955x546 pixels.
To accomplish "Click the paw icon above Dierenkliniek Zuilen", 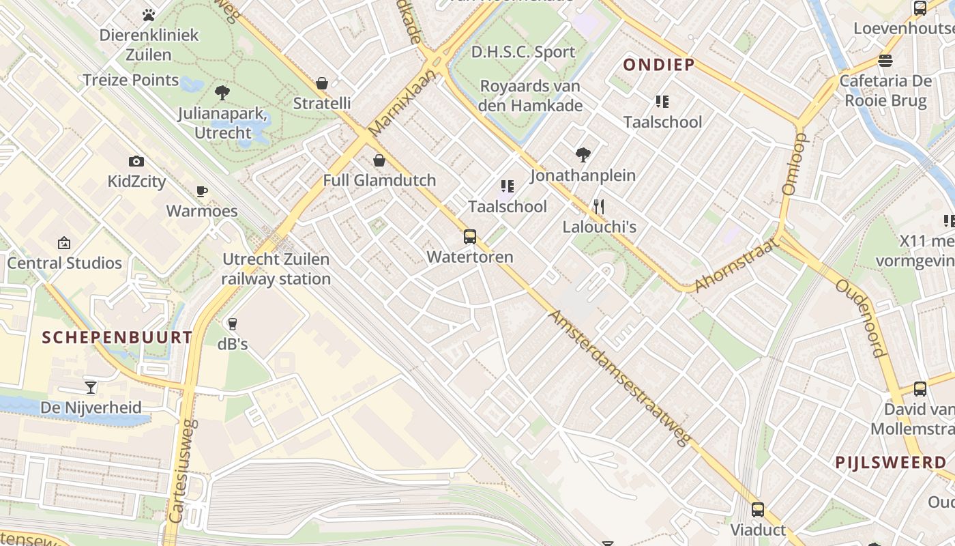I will (x=149, y=14).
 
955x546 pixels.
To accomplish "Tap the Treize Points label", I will (x=130, y=80).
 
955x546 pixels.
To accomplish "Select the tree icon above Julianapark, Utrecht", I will (x=222, y=93).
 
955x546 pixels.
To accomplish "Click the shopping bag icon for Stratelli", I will (x=322, y=83).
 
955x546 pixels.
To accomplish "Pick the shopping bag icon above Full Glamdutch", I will (x=379, y=160).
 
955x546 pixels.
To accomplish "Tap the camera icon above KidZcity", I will (x=136, y=162).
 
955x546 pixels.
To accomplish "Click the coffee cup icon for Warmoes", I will (x=201, y=191).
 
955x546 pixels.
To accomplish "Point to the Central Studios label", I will (x=64, y=263).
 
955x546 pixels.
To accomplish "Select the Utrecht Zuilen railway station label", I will (x=276, y=269).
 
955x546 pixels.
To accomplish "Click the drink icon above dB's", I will (x=233, y=324).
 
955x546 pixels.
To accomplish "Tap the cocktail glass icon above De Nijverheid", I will (x=91, y=388).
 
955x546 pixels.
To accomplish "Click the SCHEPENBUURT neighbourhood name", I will (x=117, y=337).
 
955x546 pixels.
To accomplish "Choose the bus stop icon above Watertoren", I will (x=470, y=237).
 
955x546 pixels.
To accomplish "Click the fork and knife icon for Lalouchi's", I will (x=599, y=206).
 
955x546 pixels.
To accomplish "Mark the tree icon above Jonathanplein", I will (x=583, y=155).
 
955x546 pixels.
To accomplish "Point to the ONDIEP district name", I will (x=658, y=65).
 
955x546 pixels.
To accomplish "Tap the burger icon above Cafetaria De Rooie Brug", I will (x=885, y=61).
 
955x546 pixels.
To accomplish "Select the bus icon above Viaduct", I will (x=758, y=509).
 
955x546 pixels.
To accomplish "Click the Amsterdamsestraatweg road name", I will (x=619, y=378).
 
